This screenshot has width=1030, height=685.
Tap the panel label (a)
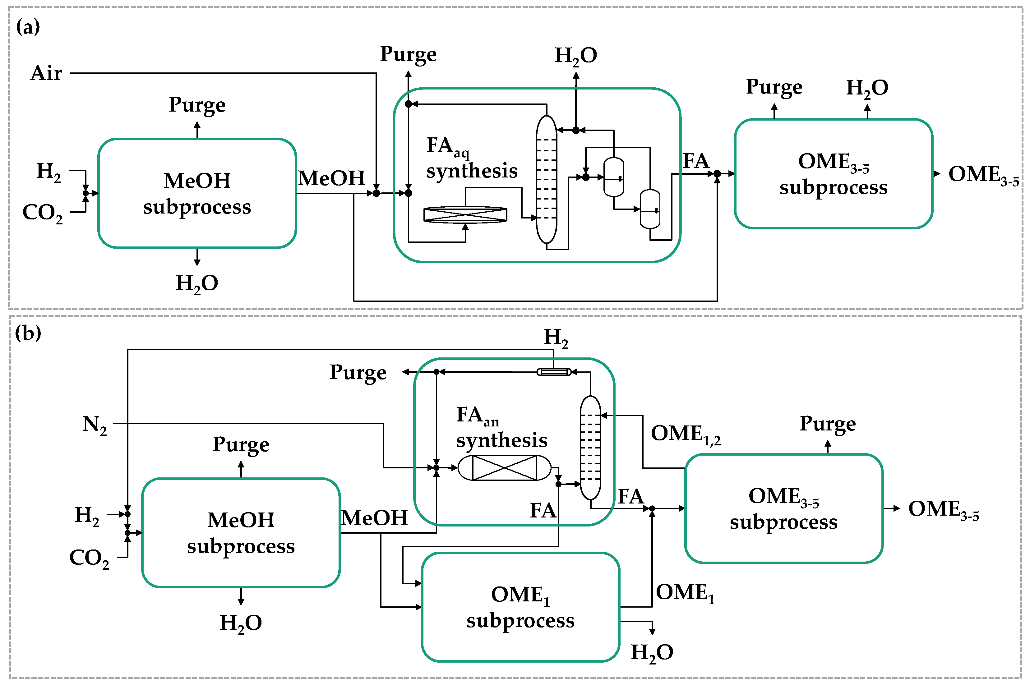[28, 27]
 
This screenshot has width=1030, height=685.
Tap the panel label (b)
[28, 333]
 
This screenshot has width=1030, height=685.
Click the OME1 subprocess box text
[520, 607]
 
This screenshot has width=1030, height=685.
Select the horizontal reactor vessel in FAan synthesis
[504, 468]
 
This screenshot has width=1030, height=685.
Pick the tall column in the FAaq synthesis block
[546, 179]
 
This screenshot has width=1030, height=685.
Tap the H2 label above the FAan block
[556, 338]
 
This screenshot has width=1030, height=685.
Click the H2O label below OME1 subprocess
[652, 653]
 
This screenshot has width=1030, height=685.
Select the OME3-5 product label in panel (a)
[983, 175]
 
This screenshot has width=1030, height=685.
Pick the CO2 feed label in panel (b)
[89, 558]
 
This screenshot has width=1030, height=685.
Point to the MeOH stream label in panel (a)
[331, 178]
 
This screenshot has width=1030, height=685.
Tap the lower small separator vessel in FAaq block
[650, 209]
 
